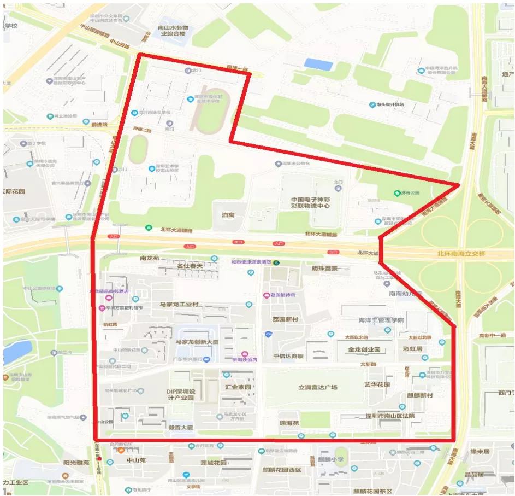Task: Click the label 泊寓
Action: (227, 215)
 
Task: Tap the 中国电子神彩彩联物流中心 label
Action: (310, 203)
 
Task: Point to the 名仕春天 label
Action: (189, 266)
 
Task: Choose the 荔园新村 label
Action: (285, 319)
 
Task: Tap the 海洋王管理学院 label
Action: (381, 320)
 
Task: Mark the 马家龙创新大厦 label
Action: (197, 342)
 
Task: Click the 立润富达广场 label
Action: (317, 387)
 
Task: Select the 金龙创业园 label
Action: (363, 349)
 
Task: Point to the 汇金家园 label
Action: (238, 387)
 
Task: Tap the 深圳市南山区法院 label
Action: (390, 416)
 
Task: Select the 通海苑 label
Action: (289, 423)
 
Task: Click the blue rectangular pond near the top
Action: (318, 64)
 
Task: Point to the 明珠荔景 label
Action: (324, 269)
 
